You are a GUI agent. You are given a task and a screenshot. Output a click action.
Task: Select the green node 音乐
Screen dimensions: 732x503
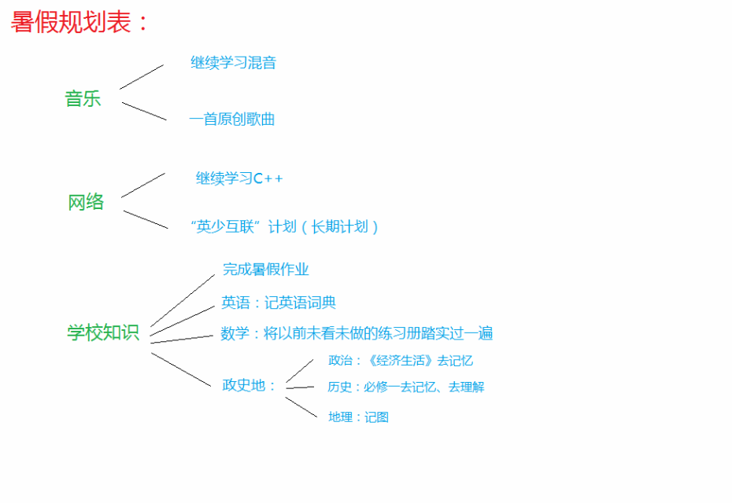[x=83, y=99]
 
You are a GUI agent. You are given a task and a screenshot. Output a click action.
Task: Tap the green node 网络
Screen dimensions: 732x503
[x=86, y=202]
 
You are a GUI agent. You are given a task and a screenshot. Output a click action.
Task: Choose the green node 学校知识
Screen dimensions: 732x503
[x=103, y=333]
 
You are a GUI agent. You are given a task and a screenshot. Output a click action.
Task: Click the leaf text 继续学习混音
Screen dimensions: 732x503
[x=234, y=62]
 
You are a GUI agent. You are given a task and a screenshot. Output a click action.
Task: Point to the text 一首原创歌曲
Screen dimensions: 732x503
[x=231, y=119]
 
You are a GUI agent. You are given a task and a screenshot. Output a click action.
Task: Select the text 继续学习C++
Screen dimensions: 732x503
[x=239, y=178]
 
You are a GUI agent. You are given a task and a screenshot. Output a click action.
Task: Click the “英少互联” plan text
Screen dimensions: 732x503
[x=284, y=227]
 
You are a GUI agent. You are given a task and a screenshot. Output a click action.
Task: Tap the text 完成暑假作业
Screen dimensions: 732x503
[x=265, y=270]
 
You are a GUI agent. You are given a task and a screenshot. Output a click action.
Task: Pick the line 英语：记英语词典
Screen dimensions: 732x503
[x=279, y=303]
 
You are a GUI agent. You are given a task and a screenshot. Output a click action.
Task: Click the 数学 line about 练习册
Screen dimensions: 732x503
[x=357, y=333]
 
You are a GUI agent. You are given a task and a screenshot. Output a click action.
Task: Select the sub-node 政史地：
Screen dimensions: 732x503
[x=249, y=386]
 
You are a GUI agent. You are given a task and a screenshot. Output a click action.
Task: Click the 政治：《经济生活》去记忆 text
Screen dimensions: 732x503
[x=401, y=360]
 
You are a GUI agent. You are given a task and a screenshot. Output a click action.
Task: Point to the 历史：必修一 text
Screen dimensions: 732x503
[x=405, y=387]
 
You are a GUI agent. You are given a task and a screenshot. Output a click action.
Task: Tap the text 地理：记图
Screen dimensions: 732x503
[x=359, y=417]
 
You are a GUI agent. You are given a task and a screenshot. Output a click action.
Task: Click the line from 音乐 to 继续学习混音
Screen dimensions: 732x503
[x=142, y=77]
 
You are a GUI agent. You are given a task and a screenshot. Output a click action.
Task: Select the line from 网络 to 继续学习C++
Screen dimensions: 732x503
[x=142, y=185]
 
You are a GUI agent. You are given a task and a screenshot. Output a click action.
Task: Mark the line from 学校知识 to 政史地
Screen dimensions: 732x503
[x=181, y=369]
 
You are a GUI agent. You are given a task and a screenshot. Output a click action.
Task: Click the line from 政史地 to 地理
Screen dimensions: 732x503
[x=301, y=407]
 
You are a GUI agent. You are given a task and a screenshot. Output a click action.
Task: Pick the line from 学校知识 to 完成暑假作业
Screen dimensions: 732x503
[x=183, y=301]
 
